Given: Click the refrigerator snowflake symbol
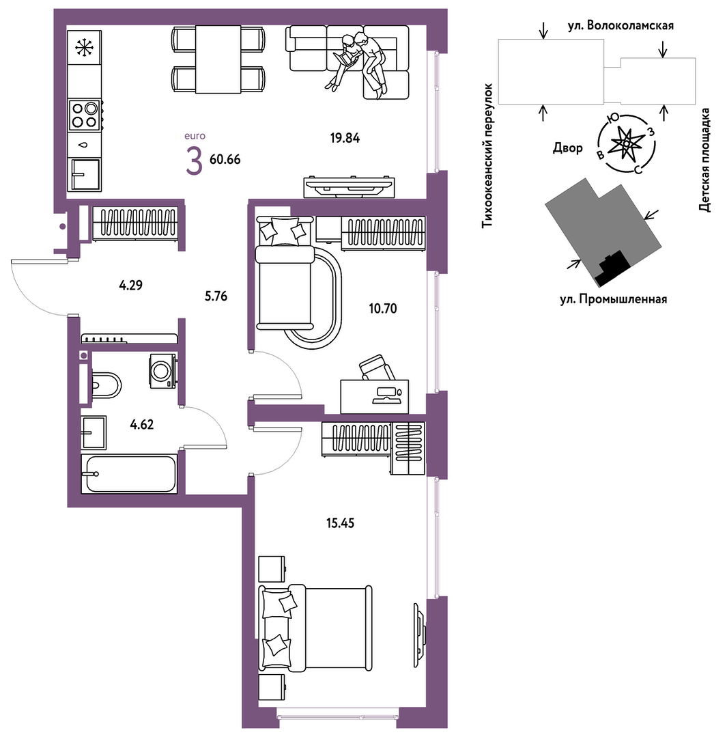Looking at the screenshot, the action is [85, 48].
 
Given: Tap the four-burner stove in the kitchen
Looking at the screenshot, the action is [85, 115].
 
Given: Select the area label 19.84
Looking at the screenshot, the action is [345, 138].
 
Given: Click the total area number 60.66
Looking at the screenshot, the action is [225, 159].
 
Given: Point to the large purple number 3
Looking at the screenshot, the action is [194, 161].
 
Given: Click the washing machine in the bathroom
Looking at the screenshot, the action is [163, 372].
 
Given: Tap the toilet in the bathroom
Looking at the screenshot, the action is [106, 385].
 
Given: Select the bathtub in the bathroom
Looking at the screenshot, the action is [129, 474].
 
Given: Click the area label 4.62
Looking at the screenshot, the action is [142, 424].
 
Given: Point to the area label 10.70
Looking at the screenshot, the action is [383, 308].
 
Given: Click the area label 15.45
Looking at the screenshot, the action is [340, 523].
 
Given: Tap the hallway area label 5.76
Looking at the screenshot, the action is [216, 296].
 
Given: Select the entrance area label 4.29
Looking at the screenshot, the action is [130, 285].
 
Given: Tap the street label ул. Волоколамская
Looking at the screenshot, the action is [621, 25].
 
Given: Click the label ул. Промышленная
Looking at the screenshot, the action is [614, 299].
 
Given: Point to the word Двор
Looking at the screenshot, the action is [567, 148].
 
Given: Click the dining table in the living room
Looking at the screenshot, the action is [218, 59].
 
